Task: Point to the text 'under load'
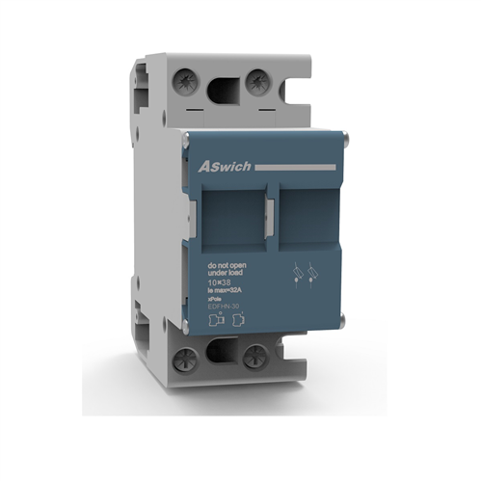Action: (x=228, y=273)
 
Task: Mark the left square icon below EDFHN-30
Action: (x=217, y=322)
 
